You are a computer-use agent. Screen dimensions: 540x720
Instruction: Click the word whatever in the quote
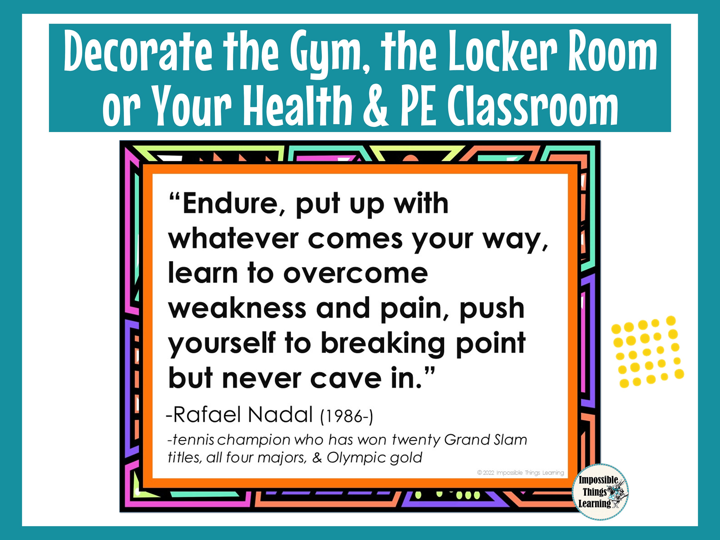click(x=233, y=239)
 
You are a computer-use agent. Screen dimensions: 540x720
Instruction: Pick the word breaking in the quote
click(x=383, y=343)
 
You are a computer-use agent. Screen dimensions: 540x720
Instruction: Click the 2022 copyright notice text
click(x=521, y=473)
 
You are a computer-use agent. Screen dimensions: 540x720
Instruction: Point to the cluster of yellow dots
click(x=648, y=352)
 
